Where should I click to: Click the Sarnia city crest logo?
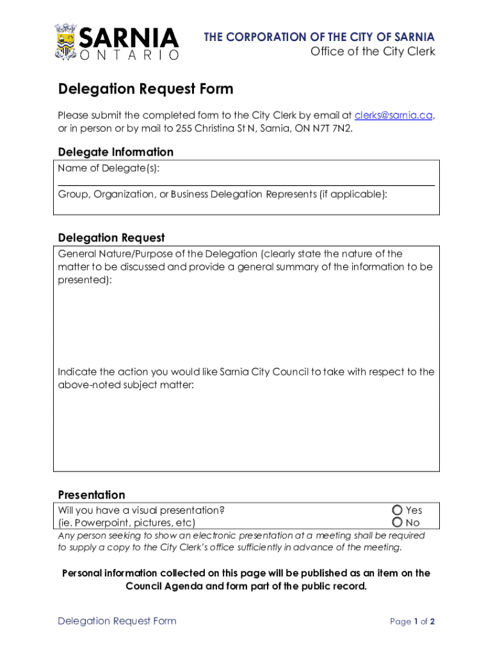66,42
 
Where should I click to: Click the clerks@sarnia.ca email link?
394,115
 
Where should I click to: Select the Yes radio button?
397,510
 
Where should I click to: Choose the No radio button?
397,523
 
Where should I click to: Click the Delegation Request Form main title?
145,89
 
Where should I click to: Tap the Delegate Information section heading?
115,152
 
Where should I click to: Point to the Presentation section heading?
92,495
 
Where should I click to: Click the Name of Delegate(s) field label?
109,168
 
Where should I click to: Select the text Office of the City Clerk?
373,52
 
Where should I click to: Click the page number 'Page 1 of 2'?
412,621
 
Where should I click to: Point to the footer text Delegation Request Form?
117,621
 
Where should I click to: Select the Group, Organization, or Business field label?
222,193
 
